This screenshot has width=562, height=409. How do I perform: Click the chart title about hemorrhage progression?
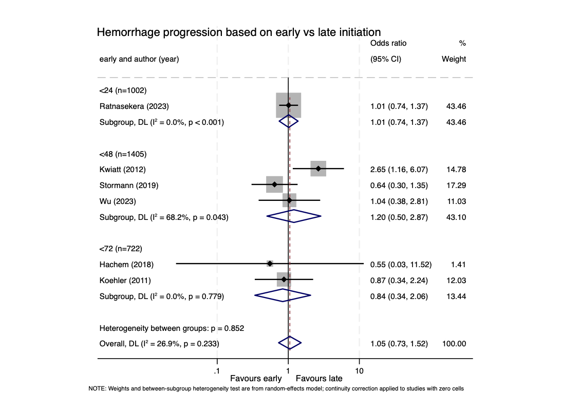click(x=238, y=32)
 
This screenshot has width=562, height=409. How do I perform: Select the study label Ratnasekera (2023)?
click(x=134, y=106)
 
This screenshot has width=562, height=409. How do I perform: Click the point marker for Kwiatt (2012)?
click(x=319, y=169)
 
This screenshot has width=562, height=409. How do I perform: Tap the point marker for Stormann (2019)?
click(x=274, y=184)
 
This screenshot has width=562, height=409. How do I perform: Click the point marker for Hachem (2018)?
click(x=270, y=264)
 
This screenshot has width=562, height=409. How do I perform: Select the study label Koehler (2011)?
click(x=125, y=280)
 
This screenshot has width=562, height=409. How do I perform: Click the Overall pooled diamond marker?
click(x=290, y=343)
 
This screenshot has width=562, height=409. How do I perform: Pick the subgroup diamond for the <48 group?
click(x=294, y=216)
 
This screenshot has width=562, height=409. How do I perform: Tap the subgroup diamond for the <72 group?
click(x=283, y=295)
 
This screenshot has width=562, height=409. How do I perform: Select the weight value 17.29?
click(x=454, y=185)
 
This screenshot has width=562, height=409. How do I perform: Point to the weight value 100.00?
click(x=454, y=344)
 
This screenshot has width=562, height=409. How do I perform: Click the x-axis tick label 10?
click(x=359, y=370)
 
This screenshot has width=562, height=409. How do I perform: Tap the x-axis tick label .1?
click(x=217, y=370)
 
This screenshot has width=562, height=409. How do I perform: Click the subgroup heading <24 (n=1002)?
click(x=123, y=90)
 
